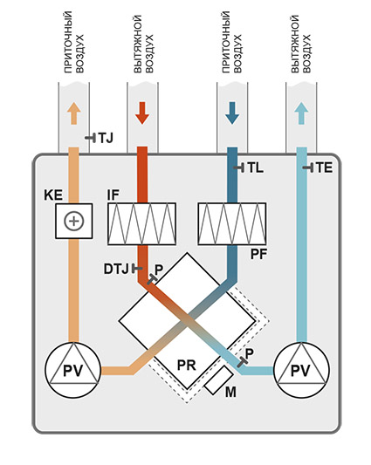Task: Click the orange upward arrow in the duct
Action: click(74, 113)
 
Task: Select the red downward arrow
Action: click(142, 113)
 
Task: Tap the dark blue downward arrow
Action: click(232, 113)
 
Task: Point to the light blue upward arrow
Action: click(301, 113)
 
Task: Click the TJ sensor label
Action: click(106, 138)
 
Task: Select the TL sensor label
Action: click(255, 168)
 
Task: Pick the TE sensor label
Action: click(324, 168)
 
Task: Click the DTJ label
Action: click(116, 269)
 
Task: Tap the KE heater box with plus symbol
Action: click(74, 221)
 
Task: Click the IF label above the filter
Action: click(113, 195)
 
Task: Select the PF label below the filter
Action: click(258, 254)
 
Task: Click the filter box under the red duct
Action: click(142, 224)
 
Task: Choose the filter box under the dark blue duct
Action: click(232, 224)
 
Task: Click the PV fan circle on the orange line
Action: click(72, 370)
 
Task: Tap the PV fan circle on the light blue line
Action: click(301, 370)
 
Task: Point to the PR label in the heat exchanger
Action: click(187, 365)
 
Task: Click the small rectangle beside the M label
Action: click(219, 380)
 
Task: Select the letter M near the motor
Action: click(231, 392)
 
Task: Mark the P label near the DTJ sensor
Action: click(159, 270)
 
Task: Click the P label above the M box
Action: click(250, 353)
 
